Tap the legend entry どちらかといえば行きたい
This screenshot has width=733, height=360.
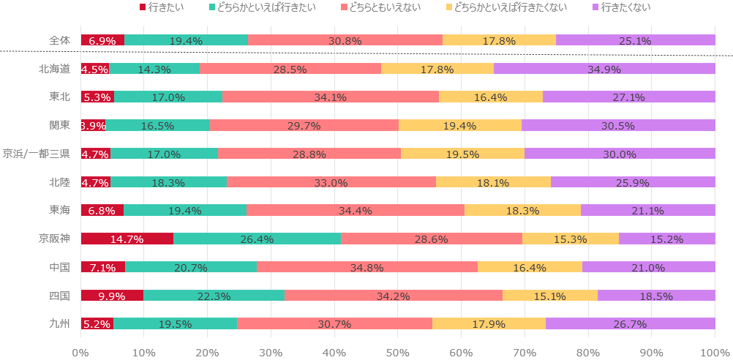(267, 7)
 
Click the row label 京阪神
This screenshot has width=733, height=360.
(55, 239)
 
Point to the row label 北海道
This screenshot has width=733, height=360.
(55, 69)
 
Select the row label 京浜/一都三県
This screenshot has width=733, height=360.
(37, 154)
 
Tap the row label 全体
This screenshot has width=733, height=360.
(60, 40)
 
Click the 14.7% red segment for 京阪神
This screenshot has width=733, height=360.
(127, 239)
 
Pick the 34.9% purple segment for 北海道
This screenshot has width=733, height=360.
(604, 69)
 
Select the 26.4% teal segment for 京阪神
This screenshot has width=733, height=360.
(257, 239)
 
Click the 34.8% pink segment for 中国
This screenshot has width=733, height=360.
(367, 267)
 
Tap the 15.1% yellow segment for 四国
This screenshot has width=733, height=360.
(550, 295)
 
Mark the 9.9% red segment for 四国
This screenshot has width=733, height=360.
(112, 295)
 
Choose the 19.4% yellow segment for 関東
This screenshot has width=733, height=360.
(460, 125)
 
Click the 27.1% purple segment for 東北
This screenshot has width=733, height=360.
(629, 97)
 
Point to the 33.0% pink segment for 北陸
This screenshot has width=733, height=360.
(331, 182)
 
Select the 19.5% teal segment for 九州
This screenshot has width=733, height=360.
(176, 323)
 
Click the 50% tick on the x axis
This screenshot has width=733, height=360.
(397, 352)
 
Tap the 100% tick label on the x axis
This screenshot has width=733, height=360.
(714, 352)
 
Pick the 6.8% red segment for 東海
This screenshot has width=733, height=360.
(102, 210)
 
